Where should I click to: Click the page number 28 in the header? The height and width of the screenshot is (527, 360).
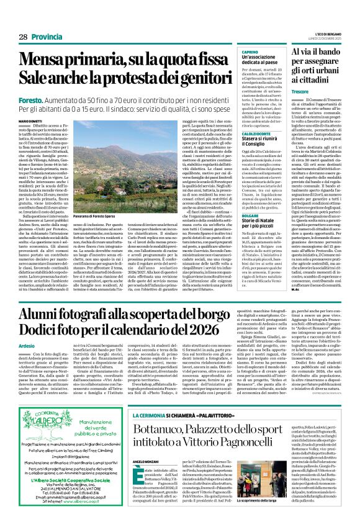[22, 37]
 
